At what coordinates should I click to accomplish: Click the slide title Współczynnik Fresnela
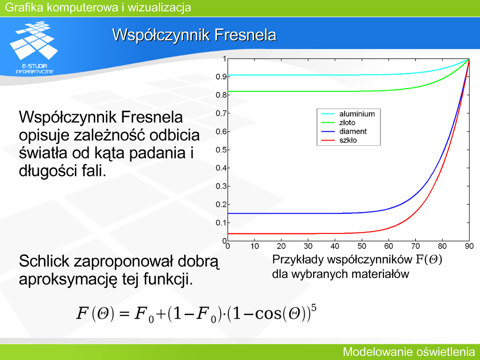point(195,35)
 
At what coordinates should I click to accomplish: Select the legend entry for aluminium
point(348,114)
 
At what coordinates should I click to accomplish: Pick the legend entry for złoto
point(338,123)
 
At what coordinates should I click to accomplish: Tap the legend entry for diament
point(344,132)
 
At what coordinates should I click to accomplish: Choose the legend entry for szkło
point(339,141)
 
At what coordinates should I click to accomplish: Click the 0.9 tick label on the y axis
point(221,77)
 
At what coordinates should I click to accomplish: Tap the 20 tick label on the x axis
point(281,246)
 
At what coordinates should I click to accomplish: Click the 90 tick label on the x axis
point(469,246)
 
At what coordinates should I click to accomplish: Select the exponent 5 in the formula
point(314,307)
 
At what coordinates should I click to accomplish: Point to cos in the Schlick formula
point(268,314)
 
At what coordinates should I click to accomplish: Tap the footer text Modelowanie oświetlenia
point(409,352)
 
